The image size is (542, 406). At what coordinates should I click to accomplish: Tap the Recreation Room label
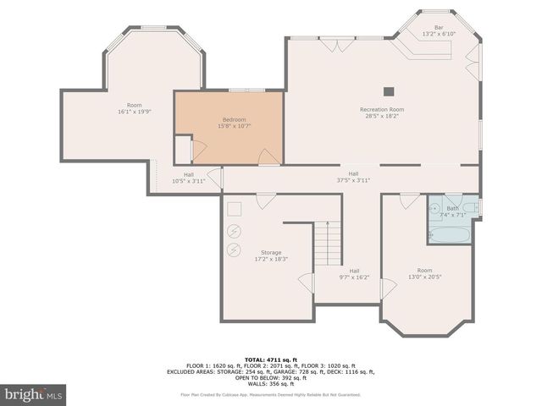tap(382, 110)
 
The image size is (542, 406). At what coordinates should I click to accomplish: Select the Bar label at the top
tap(439, 27)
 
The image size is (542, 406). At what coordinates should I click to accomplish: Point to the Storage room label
tap(271, 252)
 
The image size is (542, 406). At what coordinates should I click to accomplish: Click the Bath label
tap(452, 208)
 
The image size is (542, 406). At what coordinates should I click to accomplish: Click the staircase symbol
tap(328, 243)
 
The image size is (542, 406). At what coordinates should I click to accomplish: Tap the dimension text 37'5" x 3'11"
tap(353, 179)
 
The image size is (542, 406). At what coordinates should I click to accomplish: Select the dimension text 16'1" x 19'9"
tap(135, 112)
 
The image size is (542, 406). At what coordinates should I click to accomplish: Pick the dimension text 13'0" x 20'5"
tap(425, 277)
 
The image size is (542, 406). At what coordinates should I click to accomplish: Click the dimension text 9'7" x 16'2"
tap(354, 277)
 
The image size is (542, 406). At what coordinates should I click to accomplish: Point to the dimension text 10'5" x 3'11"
tap(189, 180)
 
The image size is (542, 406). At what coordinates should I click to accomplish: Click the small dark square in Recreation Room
tap(389, 91)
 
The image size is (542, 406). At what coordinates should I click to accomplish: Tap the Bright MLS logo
tap(33, 394)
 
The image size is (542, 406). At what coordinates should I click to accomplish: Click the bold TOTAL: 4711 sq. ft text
tap(271, 359)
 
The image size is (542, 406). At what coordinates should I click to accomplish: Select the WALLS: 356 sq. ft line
tap(271, 383)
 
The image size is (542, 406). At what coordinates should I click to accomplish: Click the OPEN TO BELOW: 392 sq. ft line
tap(271, 377)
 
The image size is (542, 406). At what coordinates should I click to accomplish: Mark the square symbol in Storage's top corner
tap(235, 209)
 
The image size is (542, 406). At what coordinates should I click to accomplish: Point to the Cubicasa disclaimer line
tap(271, 394)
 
